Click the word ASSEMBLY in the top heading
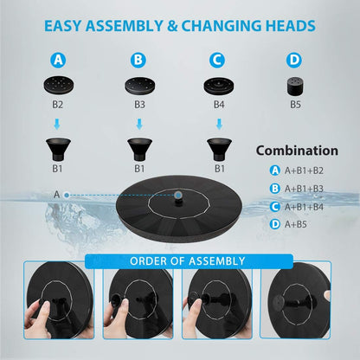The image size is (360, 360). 125,26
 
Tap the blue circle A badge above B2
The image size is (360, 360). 58,60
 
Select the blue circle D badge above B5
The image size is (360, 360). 294,60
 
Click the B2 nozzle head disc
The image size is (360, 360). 59,85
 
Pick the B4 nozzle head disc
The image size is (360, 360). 219,86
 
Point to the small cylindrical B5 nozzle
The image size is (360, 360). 296,87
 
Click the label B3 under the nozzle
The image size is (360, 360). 139,104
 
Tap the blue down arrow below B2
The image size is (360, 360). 57,125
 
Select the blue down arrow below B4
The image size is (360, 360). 219,125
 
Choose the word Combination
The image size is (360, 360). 297,151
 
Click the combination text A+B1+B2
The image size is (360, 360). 304,170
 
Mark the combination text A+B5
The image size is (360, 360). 295,224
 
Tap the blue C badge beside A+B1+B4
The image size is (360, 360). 275,206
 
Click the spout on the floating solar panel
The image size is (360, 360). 178,197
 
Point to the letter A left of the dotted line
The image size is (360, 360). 56,195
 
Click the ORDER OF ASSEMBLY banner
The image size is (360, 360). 189,261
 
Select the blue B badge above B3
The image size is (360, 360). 138,60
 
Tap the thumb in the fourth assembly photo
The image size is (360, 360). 327,295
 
